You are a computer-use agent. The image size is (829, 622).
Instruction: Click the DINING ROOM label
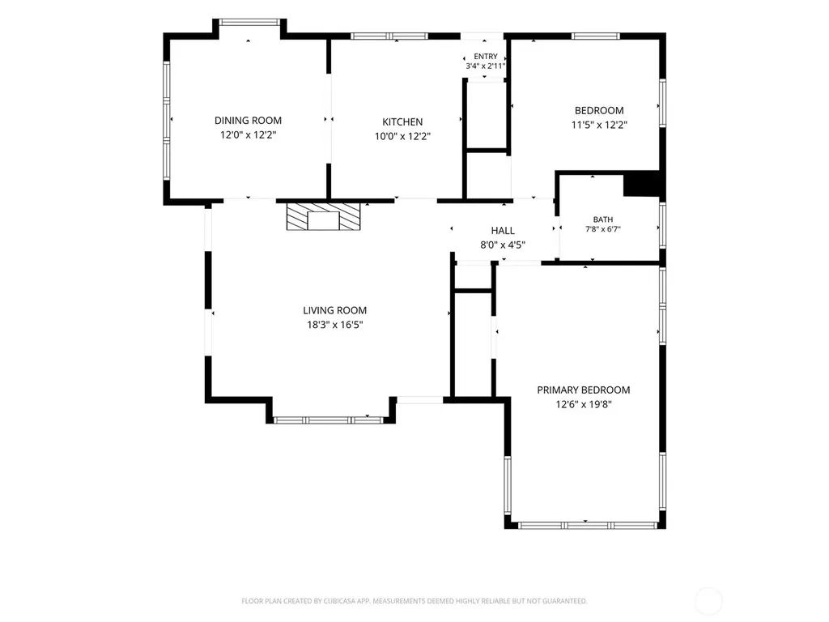248,121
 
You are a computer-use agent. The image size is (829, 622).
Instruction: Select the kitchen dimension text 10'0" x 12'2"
403,136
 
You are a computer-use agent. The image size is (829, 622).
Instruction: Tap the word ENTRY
486,57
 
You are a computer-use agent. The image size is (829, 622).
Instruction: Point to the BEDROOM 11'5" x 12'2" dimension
599,126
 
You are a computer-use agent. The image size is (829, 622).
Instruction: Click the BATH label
602,219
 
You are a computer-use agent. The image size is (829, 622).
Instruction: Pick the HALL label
503,231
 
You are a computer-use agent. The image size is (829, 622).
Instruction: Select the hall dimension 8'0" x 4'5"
503,245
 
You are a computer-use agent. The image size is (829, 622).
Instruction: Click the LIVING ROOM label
334,310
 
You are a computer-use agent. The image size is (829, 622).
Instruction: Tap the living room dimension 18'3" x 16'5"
334,325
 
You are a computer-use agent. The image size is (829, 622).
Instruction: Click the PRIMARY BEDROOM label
584,390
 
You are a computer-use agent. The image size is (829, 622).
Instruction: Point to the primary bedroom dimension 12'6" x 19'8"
584,405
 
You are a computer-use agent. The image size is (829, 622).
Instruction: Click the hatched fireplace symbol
324,216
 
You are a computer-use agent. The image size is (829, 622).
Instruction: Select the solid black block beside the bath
642,185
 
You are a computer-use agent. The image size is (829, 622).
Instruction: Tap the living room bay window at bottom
329,420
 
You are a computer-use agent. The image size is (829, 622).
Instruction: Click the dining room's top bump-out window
249,22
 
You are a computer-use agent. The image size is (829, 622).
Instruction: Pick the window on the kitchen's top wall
389,36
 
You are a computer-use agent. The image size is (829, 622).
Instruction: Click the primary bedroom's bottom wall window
587,526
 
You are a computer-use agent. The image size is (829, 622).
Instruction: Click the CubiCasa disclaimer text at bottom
414,601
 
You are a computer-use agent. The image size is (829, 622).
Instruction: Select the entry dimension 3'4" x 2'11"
486,66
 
